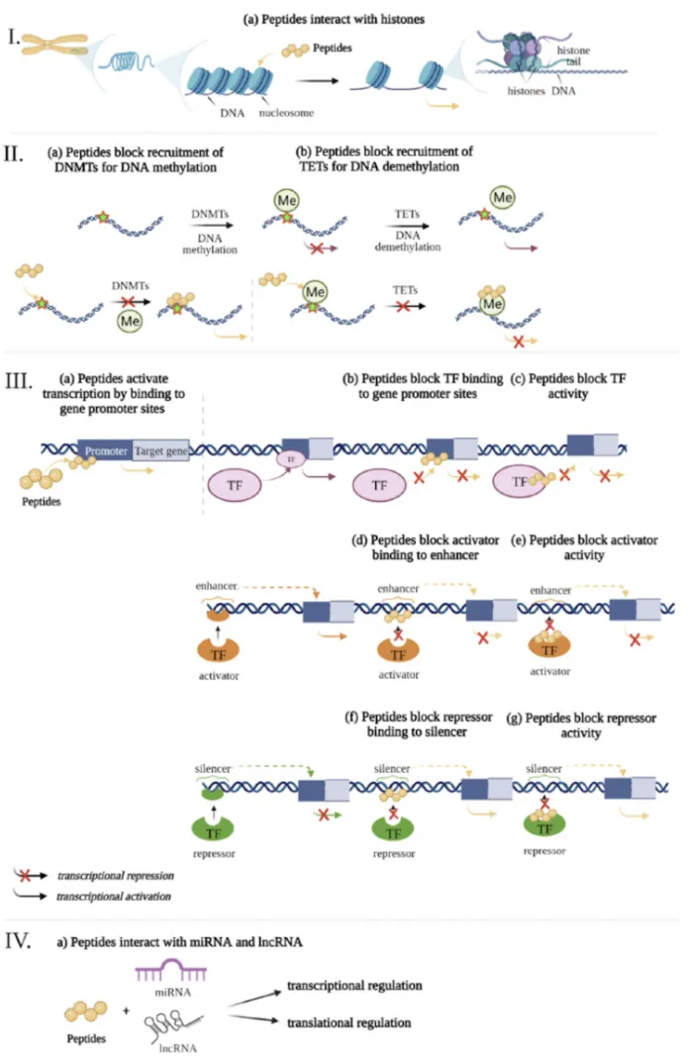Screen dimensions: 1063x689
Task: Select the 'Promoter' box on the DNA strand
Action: pos(106,451)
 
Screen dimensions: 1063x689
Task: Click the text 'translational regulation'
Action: pos(347,1022)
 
